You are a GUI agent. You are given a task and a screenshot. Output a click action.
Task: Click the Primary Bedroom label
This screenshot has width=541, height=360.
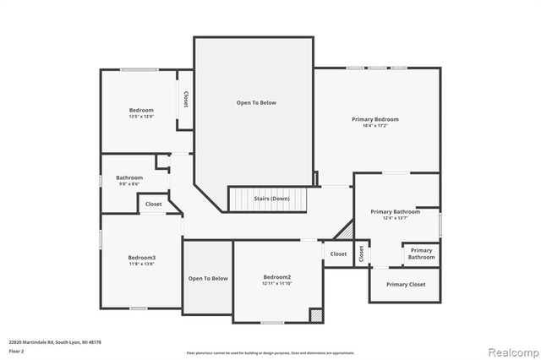click(x=374, y=119)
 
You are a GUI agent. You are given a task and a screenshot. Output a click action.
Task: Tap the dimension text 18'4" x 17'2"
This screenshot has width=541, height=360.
click(x=374, y=126)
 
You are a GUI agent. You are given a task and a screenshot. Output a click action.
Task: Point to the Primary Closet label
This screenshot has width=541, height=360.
click(x=406, y=284)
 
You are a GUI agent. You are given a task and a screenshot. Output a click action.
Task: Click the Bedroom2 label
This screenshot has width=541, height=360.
click(x=276, y=277)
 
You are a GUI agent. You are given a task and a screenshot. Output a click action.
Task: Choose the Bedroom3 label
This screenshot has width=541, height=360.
click(x=141, y=257)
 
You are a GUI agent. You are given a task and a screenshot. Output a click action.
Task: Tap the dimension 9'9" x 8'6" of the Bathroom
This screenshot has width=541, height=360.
click(x=129, y=184)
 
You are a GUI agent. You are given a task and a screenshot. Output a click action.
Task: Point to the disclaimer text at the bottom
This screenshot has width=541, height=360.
click(x=270, y=352)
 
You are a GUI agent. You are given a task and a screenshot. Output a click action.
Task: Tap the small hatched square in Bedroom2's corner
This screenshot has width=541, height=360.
click(x=315, y=314)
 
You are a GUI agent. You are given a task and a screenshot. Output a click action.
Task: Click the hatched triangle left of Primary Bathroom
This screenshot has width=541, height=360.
click(x=345, y=230)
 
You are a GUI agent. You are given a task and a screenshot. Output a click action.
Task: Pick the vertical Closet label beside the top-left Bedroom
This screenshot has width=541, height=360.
click(x=185, y=99)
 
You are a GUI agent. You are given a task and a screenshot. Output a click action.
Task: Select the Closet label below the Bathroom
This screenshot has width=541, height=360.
click(x=154, y=204)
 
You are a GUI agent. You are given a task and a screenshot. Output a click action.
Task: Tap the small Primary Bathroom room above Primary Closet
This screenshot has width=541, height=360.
click(x=421, y=253)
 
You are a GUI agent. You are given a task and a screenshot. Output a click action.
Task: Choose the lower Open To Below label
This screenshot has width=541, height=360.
click(x=208, y=278)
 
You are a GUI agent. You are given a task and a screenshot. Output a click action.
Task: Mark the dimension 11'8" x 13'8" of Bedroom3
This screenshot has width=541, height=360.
click(x=141, y=265)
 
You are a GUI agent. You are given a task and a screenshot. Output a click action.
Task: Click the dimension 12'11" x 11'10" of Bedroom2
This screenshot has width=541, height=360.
click(x=276, y=284)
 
